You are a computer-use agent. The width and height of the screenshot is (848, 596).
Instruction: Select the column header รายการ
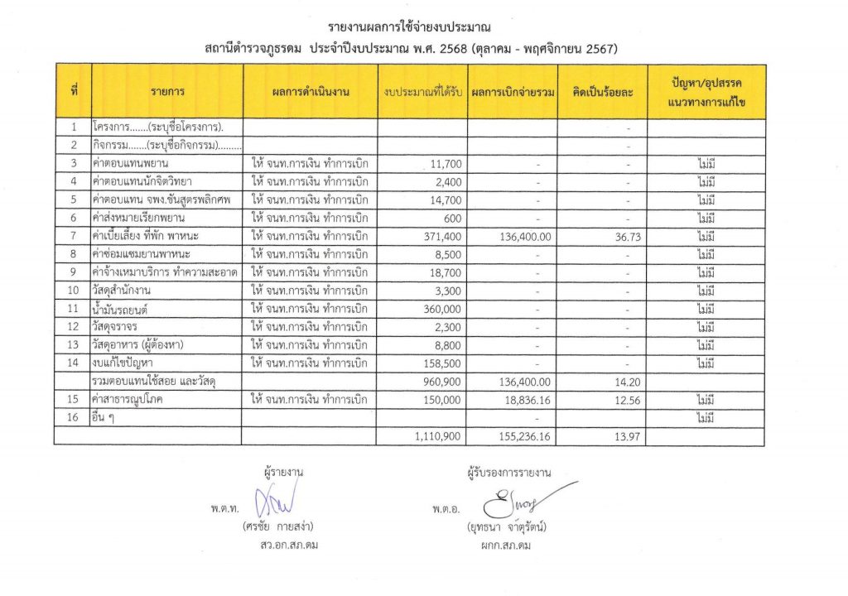click(x=167, y=92)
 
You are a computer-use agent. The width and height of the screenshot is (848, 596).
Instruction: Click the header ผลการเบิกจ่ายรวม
click(x=512, y=92)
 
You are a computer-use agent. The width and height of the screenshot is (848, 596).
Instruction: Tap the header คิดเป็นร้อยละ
click(x=602, y=92)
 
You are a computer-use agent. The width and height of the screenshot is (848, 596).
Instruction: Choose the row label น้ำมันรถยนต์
click(x=123, y=308)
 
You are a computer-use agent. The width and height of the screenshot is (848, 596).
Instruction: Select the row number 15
click(x=75, y=399)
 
